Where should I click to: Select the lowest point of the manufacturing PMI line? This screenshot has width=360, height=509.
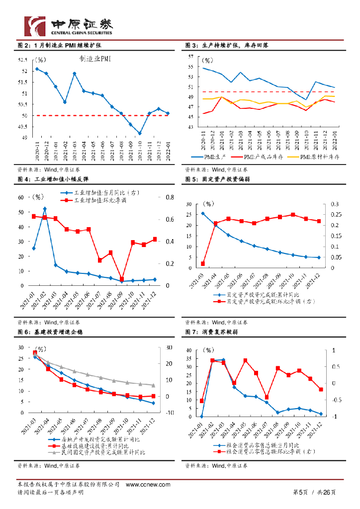click(x=140, y=133)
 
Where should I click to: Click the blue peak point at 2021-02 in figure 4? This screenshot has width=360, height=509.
click(x=45, y=209)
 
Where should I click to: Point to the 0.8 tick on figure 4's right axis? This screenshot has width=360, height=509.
click(x=169, y=197)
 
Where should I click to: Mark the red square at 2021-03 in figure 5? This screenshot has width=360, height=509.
click(x=202, y=264)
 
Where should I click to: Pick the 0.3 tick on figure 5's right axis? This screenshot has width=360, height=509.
click(x=334, y=204)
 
